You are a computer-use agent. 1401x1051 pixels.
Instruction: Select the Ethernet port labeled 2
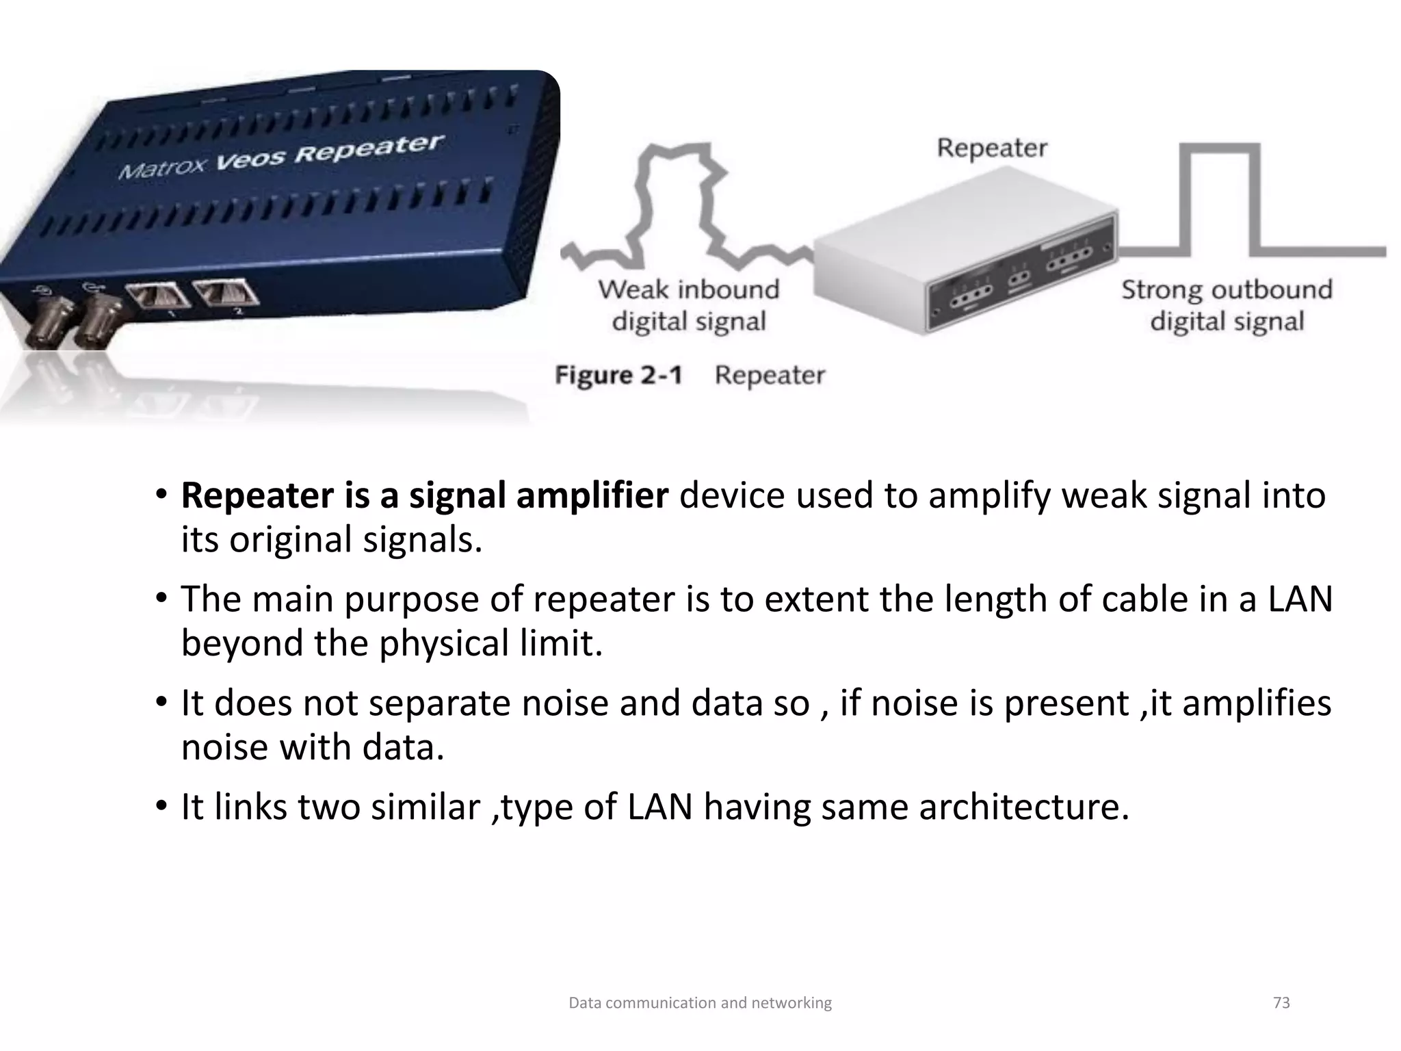click(226, 292)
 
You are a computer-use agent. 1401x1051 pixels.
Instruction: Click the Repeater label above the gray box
click(991, 148)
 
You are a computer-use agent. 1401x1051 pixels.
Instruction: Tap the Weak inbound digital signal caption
click(688, 305)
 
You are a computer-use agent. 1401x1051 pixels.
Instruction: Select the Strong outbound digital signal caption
click(1227, 305)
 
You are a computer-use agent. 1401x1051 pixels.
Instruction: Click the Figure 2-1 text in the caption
click(618, 376)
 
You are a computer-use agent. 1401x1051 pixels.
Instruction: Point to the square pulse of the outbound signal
click(1220, 198)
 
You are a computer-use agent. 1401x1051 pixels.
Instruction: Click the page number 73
click(1281, 1003)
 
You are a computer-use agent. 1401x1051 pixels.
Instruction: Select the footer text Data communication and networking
click(700, 1003)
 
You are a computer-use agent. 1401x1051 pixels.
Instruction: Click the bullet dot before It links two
click(161, 806)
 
